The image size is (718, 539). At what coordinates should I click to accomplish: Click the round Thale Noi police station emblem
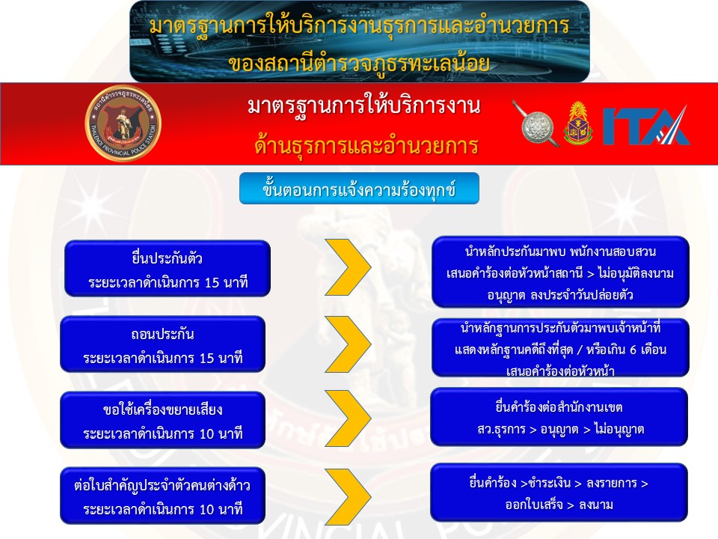[123, 124]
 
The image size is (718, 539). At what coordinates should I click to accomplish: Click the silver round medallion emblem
[536, 124]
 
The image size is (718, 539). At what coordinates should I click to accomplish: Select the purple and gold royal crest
[578, 123]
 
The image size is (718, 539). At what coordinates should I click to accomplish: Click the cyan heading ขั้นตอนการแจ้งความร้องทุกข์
[359, 189]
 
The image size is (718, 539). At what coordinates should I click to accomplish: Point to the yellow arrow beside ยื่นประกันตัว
[348, 267]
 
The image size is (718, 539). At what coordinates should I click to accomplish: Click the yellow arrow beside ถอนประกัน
[348, 344]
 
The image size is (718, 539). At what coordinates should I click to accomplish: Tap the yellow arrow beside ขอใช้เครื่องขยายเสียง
[348, 418]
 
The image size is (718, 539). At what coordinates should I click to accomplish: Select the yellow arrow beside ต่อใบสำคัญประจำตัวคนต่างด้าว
[348, 496]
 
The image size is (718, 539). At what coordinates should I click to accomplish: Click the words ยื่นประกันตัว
[167, 258]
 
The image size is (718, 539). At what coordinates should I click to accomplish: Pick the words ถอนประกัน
[162, 334]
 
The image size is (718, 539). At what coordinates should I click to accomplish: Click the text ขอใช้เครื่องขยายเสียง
[162, 409]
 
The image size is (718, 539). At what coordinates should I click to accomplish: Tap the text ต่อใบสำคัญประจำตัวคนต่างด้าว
[162, 485]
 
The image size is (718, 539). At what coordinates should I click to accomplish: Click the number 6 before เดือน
[633, 350]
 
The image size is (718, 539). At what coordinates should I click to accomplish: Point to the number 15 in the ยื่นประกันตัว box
[212, 282]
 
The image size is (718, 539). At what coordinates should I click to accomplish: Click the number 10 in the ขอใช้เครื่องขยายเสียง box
[207, 433]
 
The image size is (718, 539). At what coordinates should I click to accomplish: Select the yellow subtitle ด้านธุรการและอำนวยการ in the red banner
[366, 145]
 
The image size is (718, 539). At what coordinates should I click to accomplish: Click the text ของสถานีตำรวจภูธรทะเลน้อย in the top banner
[359, 62]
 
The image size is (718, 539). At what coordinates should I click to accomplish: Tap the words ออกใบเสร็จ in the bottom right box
[534, 505]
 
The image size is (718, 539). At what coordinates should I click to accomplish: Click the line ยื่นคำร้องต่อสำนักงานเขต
[559, 407]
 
